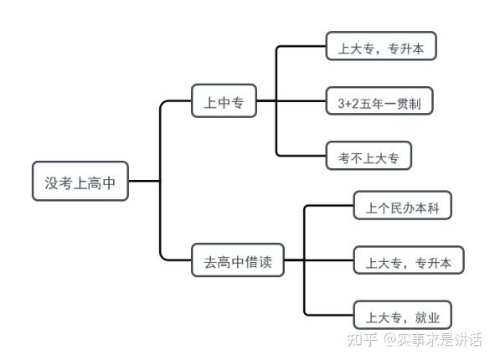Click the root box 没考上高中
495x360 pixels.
click(x=80, y=181)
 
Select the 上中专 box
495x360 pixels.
click(x=224, y=100)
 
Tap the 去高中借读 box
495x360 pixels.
click(x=238, y=260)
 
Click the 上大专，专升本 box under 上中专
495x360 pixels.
click(x=381, y=46)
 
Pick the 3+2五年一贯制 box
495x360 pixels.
click(x=379, y=100)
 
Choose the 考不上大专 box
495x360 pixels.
click(x=369, y=156)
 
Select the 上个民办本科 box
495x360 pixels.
click(x=403, y=205)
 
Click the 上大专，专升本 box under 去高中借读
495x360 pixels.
click(x=409, y=260)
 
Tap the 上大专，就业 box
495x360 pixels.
click(x=403, y=315)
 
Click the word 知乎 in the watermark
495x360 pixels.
click(x=363, y=340)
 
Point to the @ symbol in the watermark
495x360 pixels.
click(x=389, y=340)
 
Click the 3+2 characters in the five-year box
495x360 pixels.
click(x=348, y=104)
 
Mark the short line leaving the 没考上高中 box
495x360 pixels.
click(x=144, y=181)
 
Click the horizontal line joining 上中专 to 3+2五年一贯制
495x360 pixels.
click(x=291, y=100)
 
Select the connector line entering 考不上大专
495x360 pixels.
click(x=301, y=156)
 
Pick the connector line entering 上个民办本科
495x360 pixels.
click(x=328, y=206)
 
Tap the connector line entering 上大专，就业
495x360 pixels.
click(x=328, y=315)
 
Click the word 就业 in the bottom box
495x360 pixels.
click(x=427, y=318)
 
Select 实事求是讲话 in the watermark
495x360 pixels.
click(x=440, y=340)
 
